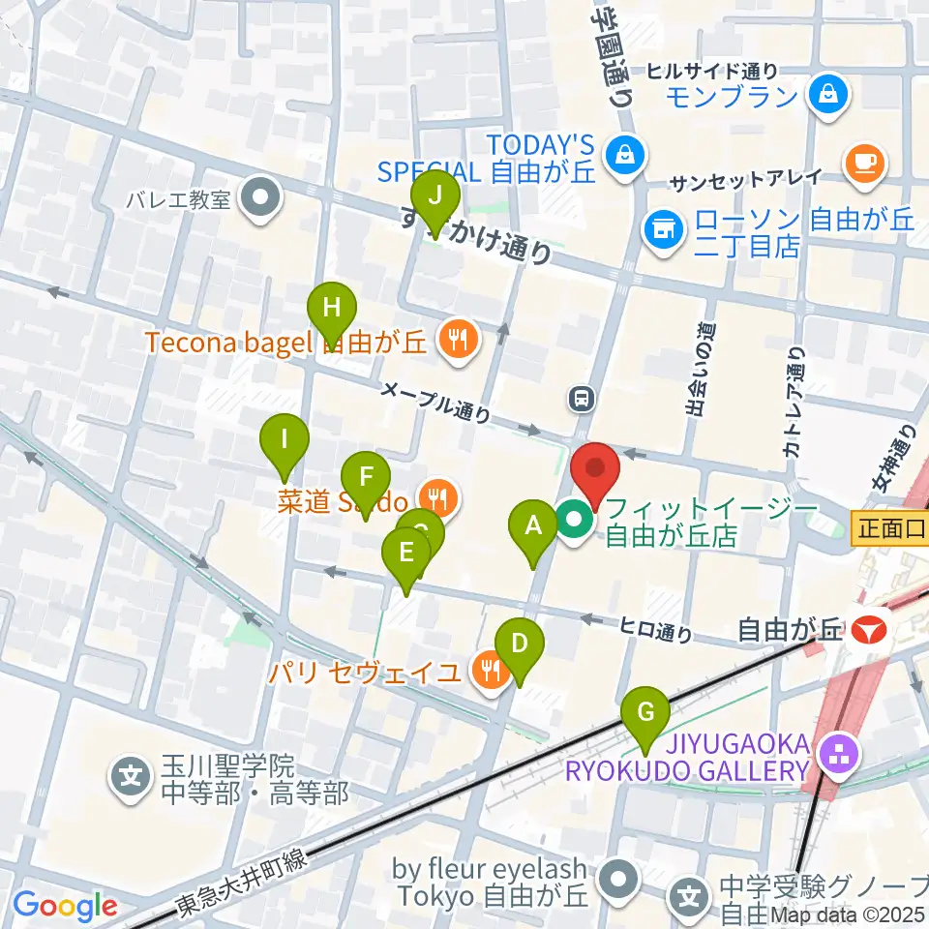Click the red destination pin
(594, 471)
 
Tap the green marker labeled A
(533, 527)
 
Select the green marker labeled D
(520, 644)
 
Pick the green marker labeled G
(646, 714)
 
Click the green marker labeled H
(332, 311)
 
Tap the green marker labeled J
(435, 197)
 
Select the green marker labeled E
(406, 554)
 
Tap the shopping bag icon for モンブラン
(830, 94)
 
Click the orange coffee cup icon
(864, 161)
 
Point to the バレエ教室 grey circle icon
(260, 200)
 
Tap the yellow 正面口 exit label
(888, 528)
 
